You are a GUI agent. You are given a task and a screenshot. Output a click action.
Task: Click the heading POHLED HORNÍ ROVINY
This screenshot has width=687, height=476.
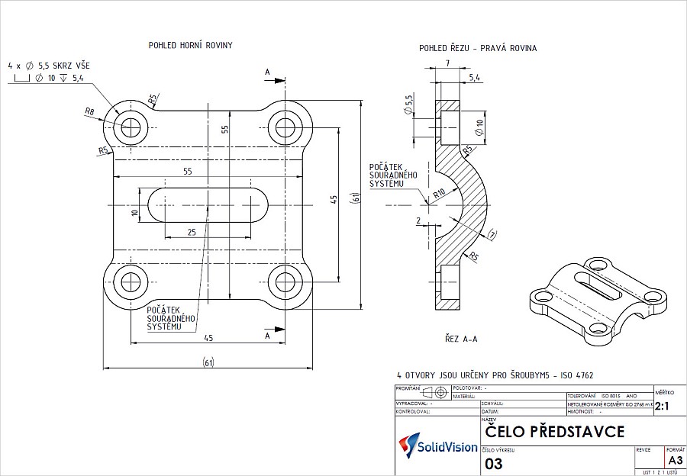coord(190,46)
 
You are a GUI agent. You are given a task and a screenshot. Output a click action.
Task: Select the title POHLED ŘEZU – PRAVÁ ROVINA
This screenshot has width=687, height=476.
coord(477,48)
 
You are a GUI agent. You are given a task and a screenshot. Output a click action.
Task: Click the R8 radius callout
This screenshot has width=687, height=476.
coord(89,111)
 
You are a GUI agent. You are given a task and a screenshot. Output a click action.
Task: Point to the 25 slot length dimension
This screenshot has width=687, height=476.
coord(191,231)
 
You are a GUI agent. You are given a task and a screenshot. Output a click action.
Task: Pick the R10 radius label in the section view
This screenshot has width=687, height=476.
coord(440,193)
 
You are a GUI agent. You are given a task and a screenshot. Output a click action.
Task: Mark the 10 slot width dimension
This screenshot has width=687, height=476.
coord(134,213)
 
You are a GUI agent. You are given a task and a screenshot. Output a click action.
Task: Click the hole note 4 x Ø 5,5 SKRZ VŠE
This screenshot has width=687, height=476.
coord(49,66)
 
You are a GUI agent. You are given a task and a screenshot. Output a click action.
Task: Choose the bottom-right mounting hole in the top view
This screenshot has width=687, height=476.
coord(286,281)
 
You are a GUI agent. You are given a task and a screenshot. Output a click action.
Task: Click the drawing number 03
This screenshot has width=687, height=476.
coord(494,463)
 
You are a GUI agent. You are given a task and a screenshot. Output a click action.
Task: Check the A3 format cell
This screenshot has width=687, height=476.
coord(676,461)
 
